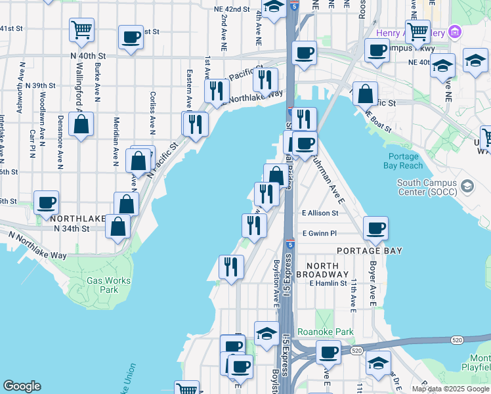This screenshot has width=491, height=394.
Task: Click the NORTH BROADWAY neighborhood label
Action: pos(322,269)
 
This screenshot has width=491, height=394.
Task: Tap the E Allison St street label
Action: pos(320,213)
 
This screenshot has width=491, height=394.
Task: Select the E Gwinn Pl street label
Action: pos(319,233)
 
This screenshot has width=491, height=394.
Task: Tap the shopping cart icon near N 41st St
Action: pos(81,28)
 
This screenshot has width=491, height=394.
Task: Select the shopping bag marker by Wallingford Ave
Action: pos(81,124)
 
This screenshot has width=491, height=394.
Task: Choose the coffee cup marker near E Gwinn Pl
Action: pos(375,228)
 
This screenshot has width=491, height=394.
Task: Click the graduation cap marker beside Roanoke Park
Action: pos(267,334)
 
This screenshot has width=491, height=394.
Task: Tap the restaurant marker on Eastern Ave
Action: pos(195,123)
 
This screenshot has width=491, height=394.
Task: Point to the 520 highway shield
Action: pos(457,339)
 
